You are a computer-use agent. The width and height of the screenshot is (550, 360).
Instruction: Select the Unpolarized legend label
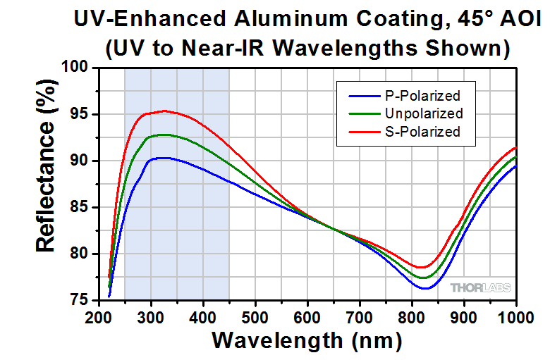click(x=424, y=113)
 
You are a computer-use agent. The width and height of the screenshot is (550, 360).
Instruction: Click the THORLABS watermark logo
click(x=481, y=287)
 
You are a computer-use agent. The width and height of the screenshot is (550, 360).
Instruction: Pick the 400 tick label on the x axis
click(x=203, y=316)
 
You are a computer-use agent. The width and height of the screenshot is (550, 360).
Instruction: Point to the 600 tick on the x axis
click(x=307, y=316)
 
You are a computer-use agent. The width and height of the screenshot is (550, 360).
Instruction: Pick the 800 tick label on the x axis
click(x=412, y=316)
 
